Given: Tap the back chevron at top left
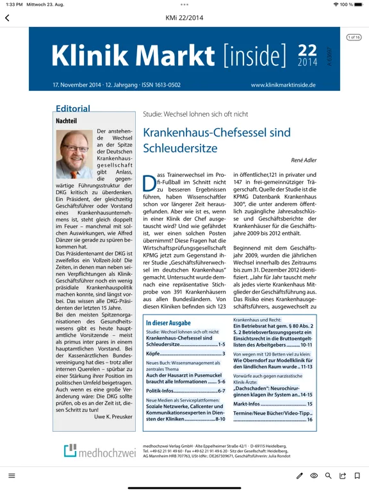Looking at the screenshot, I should pyautogui.click(x=7, y=18).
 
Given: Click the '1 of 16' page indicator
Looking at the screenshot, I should pyautogui.click(x=354, y=37).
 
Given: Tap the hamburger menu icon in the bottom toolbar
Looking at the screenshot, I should pyautogui.click(x=12, y=476).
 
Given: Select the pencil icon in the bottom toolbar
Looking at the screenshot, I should pyautogui.click(x=299, y=476).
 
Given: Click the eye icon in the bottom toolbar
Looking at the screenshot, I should pyautogui.click(x=314, y=476).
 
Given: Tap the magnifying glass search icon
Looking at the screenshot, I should pyautogui.click(x=329, y=476).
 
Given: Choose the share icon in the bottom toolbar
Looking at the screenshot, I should pyautogui.click(x=343, y=476).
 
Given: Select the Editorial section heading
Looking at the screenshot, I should pyautogui.click(x=72, y=109).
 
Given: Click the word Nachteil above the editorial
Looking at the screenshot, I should pyautogui.click(x=67, y=120).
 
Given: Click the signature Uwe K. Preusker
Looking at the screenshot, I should pyautogui.click(x=112, y=416).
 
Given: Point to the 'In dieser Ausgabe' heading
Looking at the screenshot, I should pyautogui.click(x=168, y=323).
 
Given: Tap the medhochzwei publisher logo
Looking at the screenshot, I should pyautogui.click(x=99, y=451).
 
